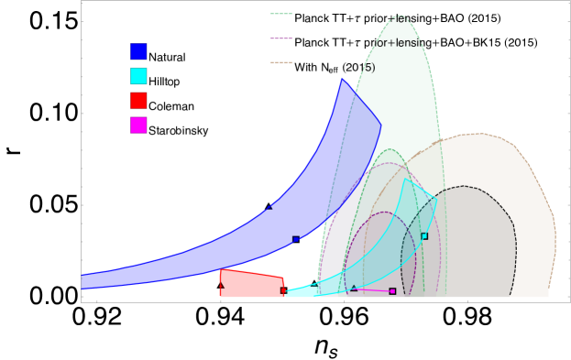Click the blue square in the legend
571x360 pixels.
coord(138,51)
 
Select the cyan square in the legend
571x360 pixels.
coord(138,76)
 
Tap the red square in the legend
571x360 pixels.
coord(138,100)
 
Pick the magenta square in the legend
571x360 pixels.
coord(138,125)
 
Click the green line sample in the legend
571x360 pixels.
coord(281,14)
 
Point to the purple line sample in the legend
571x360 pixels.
coord(281,38)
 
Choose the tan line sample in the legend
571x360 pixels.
coord(281,63)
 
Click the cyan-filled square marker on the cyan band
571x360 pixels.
coord(424,236)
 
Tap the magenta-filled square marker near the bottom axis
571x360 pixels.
coord(392,291)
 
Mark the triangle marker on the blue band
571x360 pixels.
coord(270,207)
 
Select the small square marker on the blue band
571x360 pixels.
coord(295,239)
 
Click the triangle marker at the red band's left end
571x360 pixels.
coord(221,285)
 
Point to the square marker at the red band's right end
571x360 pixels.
coord(283,290)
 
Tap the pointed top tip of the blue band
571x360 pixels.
coord(341,79)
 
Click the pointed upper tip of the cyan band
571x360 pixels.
coord(404,179)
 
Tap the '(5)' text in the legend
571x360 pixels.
coord(366,68)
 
